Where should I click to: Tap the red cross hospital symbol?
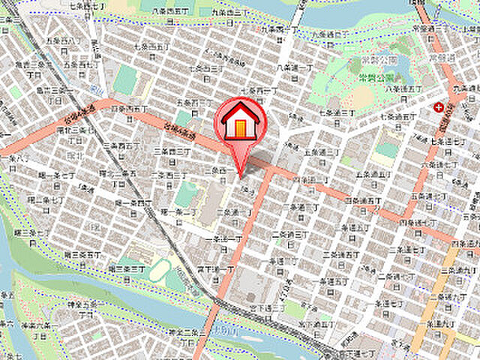coord(437,107)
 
